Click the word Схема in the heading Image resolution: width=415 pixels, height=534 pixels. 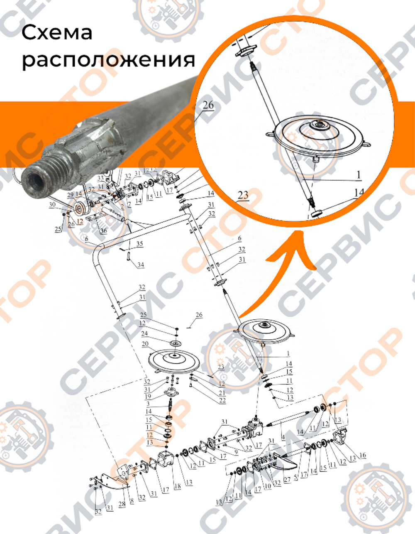57,32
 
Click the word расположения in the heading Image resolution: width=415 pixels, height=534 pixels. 108,61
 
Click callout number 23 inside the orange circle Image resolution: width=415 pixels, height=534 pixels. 243,195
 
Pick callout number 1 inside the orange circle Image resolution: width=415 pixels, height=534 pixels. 358,174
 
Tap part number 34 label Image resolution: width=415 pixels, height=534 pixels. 141,265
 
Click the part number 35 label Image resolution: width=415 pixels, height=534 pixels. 139,244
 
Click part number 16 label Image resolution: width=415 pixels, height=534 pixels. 362,456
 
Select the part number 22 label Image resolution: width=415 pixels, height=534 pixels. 222,400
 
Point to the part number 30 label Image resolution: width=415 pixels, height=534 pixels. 52,205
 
